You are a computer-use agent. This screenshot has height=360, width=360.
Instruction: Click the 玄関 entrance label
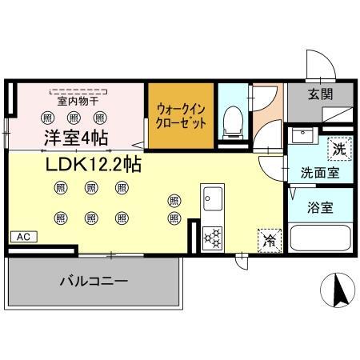pos(322,93)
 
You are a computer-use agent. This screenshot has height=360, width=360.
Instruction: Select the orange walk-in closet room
pos(181,117)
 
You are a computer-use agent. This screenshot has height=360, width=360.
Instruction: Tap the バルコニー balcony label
pos(94,282)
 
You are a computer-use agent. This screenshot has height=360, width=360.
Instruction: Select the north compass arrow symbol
pos(338,290)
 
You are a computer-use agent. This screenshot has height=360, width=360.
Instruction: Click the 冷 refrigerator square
pos(269,238)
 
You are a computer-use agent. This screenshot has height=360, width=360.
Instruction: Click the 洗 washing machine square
pos(339,148)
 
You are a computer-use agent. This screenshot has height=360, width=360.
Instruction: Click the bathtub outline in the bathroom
pos(320,238)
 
